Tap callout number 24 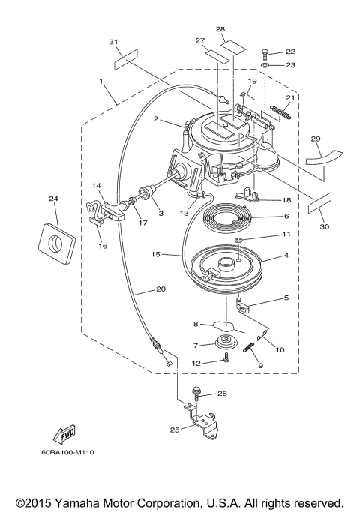53,199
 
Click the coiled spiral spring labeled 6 226,217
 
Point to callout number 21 290,97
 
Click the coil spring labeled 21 280,112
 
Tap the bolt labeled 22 265,54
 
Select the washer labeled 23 265,66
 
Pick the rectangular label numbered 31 126,59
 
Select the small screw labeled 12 226,358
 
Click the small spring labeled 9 248,346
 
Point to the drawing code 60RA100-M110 67,452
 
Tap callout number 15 156,254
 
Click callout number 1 101,81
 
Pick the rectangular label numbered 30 319,203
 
